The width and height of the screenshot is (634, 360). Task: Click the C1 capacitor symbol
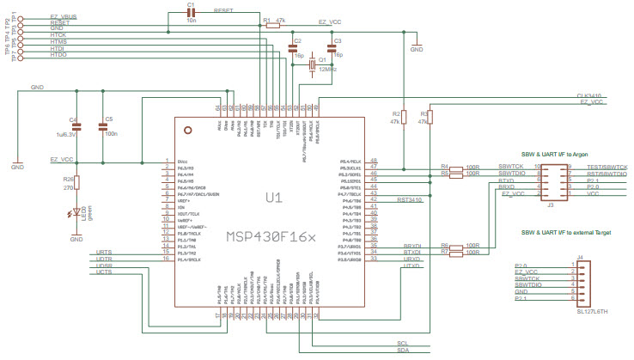192,15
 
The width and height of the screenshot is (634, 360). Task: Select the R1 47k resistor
272,26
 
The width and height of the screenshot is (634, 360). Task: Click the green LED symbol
76,211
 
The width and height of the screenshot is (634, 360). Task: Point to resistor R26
76,182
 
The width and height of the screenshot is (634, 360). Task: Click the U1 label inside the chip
272,198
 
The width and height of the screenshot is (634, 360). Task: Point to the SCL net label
403,341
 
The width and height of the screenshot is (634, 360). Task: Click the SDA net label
403,351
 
